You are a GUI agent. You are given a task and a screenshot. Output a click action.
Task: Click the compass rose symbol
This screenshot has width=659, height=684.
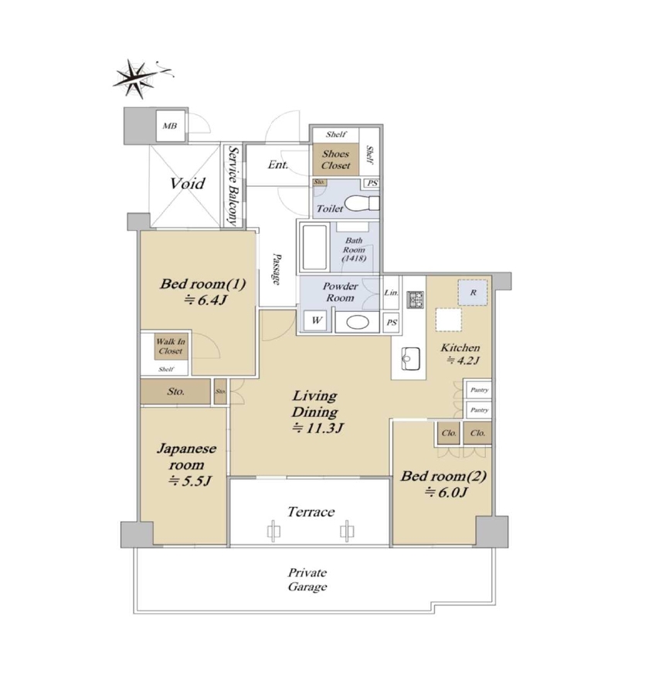point(135,80)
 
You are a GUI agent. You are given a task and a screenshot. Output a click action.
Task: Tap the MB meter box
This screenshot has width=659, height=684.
point(170,126)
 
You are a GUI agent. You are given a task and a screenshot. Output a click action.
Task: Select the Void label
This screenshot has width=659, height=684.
point(188,184)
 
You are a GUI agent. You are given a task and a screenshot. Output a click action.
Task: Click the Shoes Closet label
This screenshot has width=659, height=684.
point(336,160)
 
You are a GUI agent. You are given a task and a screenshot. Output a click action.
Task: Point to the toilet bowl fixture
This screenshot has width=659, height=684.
point(362,204)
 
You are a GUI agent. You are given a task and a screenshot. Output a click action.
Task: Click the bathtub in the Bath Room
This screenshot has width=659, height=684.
point(314,247)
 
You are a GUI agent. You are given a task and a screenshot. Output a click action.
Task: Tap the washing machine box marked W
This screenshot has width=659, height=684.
point(316,321)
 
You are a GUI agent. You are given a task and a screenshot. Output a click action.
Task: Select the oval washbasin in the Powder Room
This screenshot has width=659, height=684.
point(358,323)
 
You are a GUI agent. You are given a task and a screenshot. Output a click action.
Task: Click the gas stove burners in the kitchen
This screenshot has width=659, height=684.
point(415,300)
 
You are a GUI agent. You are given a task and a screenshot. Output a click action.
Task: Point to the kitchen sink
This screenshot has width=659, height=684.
point(410,359)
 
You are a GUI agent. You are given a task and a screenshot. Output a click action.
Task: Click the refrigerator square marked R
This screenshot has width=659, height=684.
point(473,293)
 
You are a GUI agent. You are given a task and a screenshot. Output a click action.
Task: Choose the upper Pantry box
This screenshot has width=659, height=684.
point(479,390)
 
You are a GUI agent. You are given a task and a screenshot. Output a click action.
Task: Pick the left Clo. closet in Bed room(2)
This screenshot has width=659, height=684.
point(449,433)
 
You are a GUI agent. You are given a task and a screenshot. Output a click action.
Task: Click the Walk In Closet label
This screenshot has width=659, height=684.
point(171,347)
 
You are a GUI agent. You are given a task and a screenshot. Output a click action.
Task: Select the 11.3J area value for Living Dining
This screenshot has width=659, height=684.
point(318,428)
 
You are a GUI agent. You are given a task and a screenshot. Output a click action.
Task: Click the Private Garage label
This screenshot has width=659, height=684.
point(307,580)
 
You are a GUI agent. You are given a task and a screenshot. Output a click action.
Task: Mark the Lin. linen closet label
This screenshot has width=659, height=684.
point(391,293)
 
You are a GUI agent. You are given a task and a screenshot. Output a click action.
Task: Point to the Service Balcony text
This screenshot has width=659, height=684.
point(233,186)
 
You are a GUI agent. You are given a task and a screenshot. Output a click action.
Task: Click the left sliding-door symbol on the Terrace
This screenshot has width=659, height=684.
point(273,531)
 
